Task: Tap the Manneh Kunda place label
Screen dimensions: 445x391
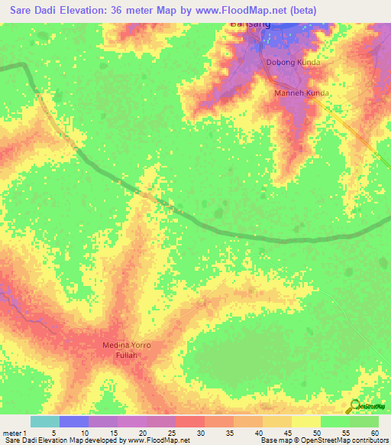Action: pos(302,93)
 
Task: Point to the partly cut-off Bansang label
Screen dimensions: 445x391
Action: pos(250,24)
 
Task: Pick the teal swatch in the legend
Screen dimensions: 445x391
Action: pos(44,421)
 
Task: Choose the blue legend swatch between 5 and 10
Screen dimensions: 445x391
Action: pos(73,421)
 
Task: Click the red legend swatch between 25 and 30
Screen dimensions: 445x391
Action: pos(189,421)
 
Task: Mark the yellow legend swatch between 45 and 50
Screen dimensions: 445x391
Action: pos(305,421)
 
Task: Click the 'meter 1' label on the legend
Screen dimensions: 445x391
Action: pos(15,433)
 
